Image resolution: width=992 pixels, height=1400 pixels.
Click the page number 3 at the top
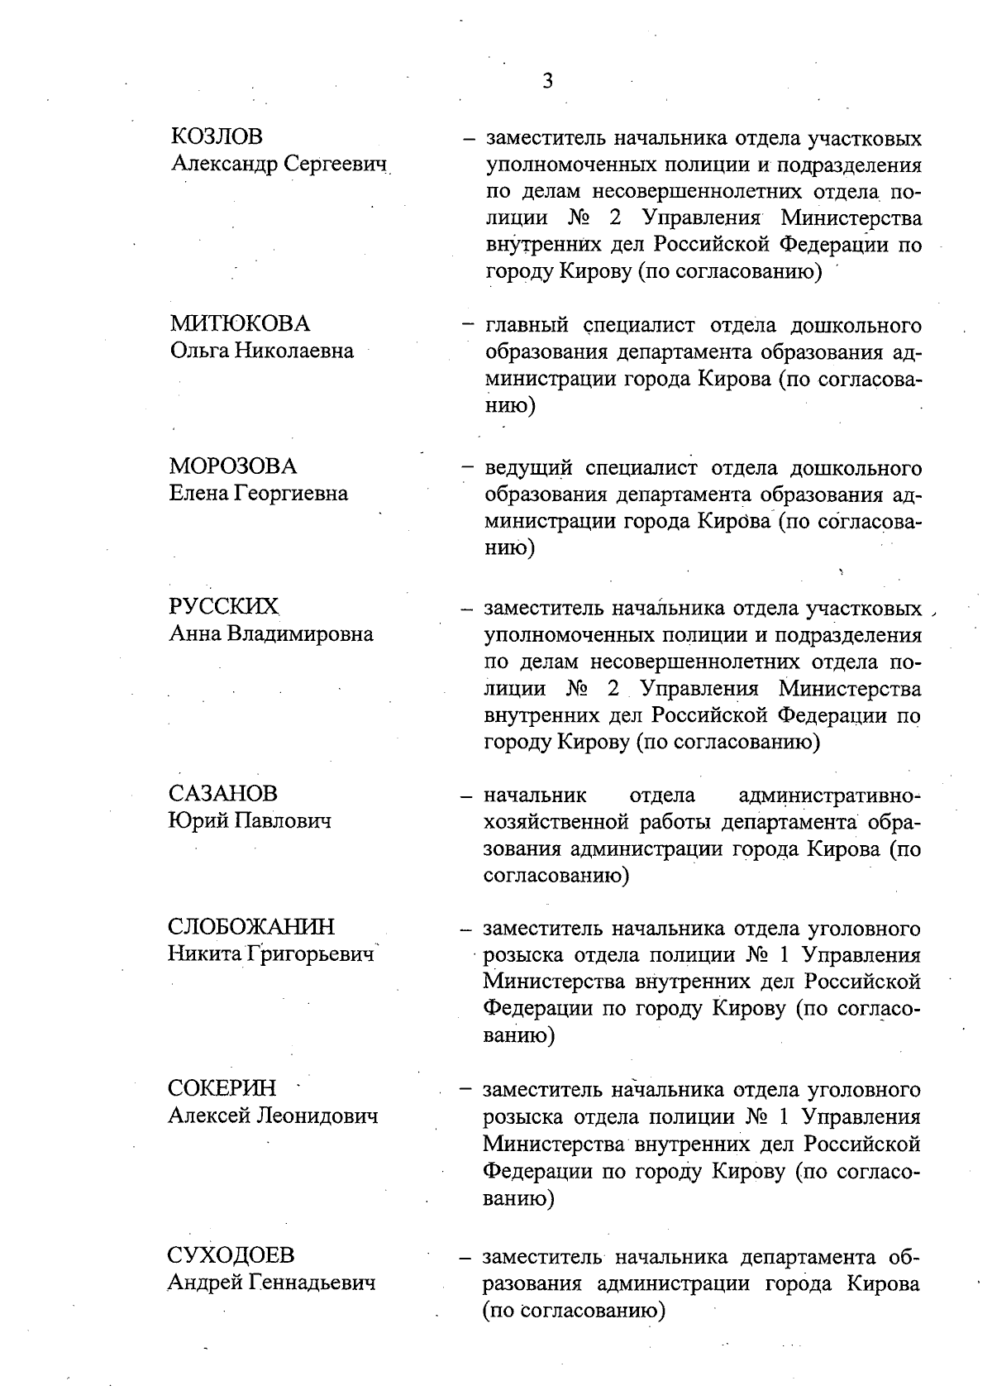(x=547, y=81)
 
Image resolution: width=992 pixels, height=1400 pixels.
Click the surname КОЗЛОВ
(x=217, y=136)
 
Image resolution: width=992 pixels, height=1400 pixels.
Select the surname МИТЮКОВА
(x=240, y=323)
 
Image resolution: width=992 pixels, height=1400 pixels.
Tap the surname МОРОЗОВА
(x=233, y=466)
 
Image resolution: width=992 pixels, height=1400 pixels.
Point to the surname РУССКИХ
(x=224, y=607)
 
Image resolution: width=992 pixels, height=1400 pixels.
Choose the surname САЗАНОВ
(x=223, y=794)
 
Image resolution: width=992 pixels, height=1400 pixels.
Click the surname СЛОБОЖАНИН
(x=251, y=926)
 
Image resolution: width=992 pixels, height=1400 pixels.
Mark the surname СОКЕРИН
(x=222, y=1088)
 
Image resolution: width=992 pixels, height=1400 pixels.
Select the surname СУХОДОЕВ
(x=231, y=1255)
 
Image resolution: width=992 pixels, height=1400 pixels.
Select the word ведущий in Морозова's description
(x=528, y=469)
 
